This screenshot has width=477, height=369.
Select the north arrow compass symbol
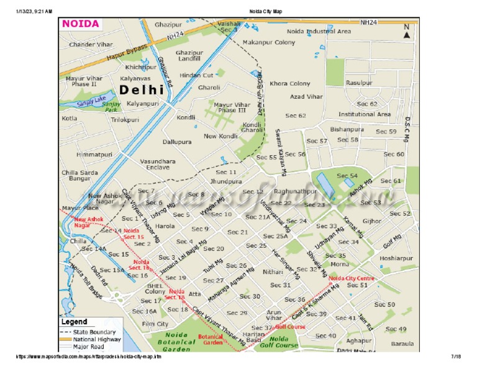(406, 32)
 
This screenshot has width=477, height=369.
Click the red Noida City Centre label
(352, 278)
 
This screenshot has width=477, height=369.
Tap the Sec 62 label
(296, 116)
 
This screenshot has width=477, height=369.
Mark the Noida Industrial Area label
(319, 31)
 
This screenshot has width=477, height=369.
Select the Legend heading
(73, 322)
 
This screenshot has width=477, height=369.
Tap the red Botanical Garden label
(210, 339)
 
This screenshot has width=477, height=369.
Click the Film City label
(155, 324)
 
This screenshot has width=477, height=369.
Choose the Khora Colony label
(289, 83)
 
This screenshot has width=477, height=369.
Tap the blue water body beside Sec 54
(324, 183)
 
